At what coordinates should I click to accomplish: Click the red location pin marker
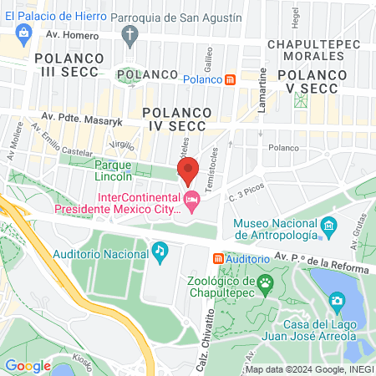(188, 170)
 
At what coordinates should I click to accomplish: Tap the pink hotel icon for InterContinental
(191, 200)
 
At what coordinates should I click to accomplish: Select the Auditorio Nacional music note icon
(159, 251)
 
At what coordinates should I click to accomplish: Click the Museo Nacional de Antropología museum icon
(328, 226)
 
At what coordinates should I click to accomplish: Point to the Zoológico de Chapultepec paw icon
(265, 284)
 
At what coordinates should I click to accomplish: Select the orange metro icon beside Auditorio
(218, 260)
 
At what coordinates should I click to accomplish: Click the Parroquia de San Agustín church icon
(129, 35)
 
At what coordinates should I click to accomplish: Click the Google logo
(28, 365)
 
